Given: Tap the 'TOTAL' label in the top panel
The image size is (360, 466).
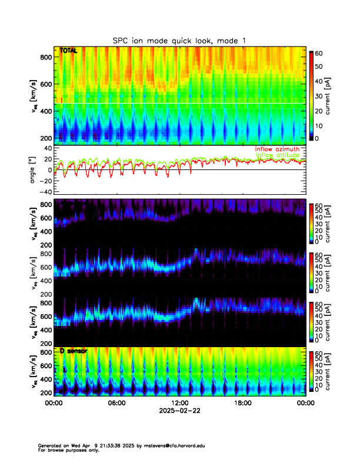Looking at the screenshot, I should click(x=68, y=51).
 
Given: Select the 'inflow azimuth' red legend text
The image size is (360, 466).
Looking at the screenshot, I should click(x=276, y=149).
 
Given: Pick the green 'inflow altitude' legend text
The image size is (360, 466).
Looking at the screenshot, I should click(x=276, y=155).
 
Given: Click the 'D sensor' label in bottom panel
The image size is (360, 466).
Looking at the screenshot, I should click(x=74, y=351).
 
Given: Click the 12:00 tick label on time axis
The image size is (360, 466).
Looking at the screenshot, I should click(x=179, y=403).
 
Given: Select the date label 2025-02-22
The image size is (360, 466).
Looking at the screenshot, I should click(x=179, y=411).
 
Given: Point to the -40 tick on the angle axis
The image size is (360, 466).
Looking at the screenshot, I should click(x=44, y=192).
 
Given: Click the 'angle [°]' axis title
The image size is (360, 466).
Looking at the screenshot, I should click(x=34, y=170).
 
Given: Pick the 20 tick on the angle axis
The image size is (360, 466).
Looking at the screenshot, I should click(x=46, y=159).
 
